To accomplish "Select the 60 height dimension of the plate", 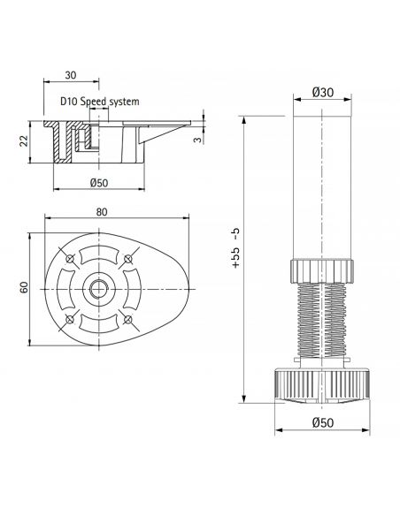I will (x=26, y=287).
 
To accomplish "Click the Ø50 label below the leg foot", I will (x=322, y=421).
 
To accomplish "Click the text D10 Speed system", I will (x=100, y=102).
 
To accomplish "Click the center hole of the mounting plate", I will (x=96, y=288).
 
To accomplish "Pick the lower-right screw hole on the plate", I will (x=127, y=317).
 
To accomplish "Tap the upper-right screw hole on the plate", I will (x=127, y=258).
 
